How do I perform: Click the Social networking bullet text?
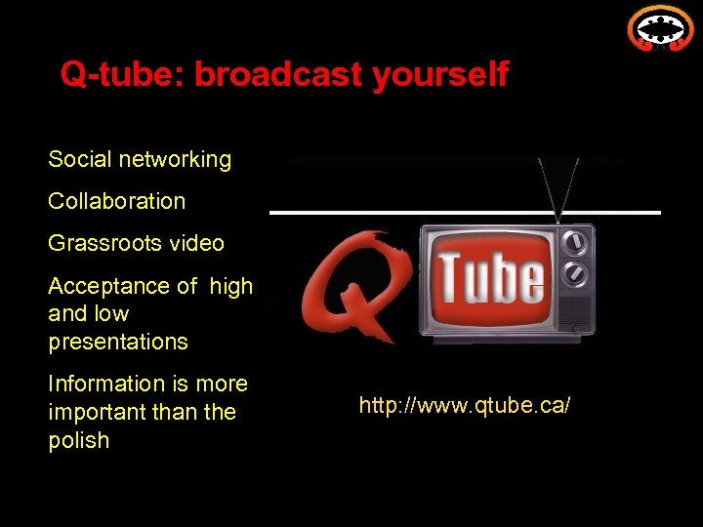(x=140, y=159)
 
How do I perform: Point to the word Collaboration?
(x=116, y=201)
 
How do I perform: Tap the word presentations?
(x=118, y=342)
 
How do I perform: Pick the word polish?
(x=79, y=440)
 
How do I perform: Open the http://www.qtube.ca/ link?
(x=464, y=404)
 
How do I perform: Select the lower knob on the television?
(x=577, y=275)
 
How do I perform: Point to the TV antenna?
(x=559, y=185)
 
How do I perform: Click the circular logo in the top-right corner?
(x=660, y=28)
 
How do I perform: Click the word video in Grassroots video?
(x=198, y=243)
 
